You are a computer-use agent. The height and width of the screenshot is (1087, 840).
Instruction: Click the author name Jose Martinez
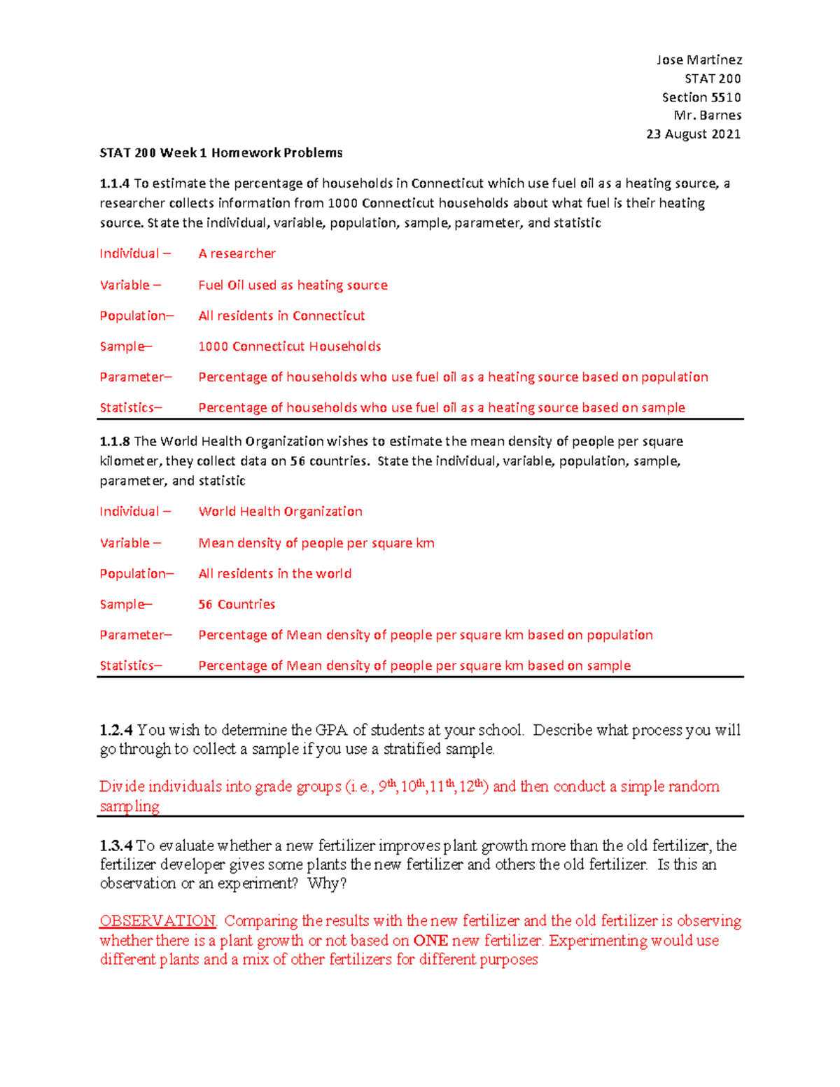tap(699, 60)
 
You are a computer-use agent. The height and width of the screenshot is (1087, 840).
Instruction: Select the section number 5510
tap(726, 97)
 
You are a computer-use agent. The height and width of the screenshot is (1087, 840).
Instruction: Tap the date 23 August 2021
tap(693, 134)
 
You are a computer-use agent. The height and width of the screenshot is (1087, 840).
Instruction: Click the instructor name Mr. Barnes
tap(707, 115)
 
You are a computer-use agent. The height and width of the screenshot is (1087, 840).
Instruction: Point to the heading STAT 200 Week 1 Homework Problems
tap(221, 153)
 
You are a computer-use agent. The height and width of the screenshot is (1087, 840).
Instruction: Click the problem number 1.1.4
tap(115, 183)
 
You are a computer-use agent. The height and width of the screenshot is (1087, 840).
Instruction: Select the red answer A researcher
tap(237, 253)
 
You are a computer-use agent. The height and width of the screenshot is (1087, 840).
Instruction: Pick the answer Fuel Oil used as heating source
tap(293, 285)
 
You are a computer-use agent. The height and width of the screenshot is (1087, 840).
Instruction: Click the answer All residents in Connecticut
tap(281, 316)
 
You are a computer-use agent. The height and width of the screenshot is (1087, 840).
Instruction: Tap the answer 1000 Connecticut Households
tap(289, 346)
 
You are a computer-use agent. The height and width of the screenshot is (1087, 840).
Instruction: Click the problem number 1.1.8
tap(115, 441)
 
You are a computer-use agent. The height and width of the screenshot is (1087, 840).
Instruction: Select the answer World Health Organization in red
tap(280, 512)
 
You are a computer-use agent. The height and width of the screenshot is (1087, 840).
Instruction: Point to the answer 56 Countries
tap(237, 604)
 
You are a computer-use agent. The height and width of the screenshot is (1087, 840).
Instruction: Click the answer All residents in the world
tap(274, 573)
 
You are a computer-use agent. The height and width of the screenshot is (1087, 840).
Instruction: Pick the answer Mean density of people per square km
tap(316, 543)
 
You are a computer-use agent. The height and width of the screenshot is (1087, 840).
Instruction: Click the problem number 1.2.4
tap(116, 730)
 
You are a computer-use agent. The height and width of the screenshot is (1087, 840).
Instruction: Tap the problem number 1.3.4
tap(116, 846)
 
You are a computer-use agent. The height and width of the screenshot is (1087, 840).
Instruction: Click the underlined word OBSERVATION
tap(157, 921)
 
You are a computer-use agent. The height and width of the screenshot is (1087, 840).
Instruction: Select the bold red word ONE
tap(430, 941)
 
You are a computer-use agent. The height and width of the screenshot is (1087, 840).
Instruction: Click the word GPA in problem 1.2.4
tap(332, 730)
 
